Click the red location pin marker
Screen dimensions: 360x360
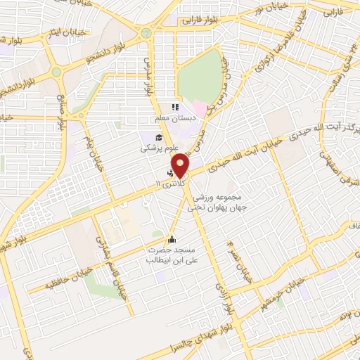[182, 165]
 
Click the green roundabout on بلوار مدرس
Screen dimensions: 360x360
[146, 33]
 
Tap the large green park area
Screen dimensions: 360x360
[200, 77]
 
